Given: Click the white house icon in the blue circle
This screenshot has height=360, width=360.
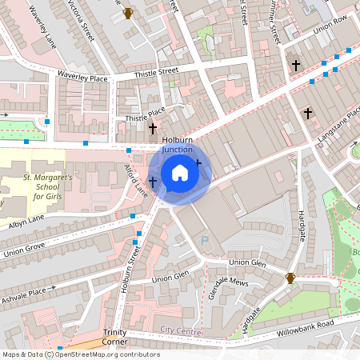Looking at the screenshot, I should coord(180,172).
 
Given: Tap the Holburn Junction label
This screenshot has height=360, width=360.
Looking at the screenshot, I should coord(178,144).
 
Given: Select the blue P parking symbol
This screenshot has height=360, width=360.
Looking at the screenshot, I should coord(205,239).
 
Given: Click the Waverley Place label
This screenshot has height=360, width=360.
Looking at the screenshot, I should coord(82,76).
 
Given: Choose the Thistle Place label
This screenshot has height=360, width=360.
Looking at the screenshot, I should coord(145,114).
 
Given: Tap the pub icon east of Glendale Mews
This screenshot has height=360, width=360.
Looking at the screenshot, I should coord(291,278).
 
